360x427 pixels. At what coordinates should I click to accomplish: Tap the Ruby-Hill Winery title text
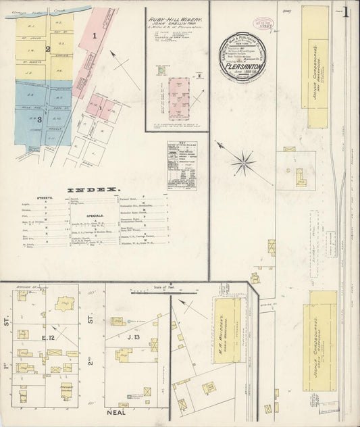pyautogui.click(x=176, y=21)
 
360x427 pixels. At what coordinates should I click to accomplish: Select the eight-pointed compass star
pyautogui.click(x=242, y=161)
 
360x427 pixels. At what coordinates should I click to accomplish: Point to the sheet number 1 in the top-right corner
pyautogui.click(x=346, y=12)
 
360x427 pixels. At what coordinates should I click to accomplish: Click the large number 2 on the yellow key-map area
pyautogui.click(x=48, y=49)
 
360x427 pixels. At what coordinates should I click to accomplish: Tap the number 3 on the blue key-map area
pyautogui.click(x=39, y=120)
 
